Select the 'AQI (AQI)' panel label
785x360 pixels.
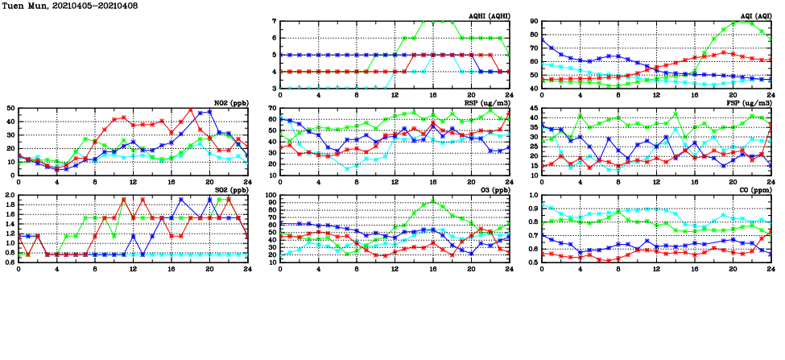click(x=753, y=16)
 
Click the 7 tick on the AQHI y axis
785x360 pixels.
click(x=275, y=21)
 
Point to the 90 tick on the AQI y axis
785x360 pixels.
click(x=535, y=21)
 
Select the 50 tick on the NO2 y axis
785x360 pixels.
click(x=11, y=108)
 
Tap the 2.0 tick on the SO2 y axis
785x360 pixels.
click(x=10, y=195)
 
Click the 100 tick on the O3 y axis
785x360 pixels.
click(x=271, y=195)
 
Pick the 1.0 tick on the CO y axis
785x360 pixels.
click(x=534, y=195)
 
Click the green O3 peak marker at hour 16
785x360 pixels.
click(x=433, y=202)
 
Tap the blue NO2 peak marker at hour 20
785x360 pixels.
click(x=210, y=112)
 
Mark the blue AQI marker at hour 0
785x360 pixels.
click(x=542, y=39)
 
